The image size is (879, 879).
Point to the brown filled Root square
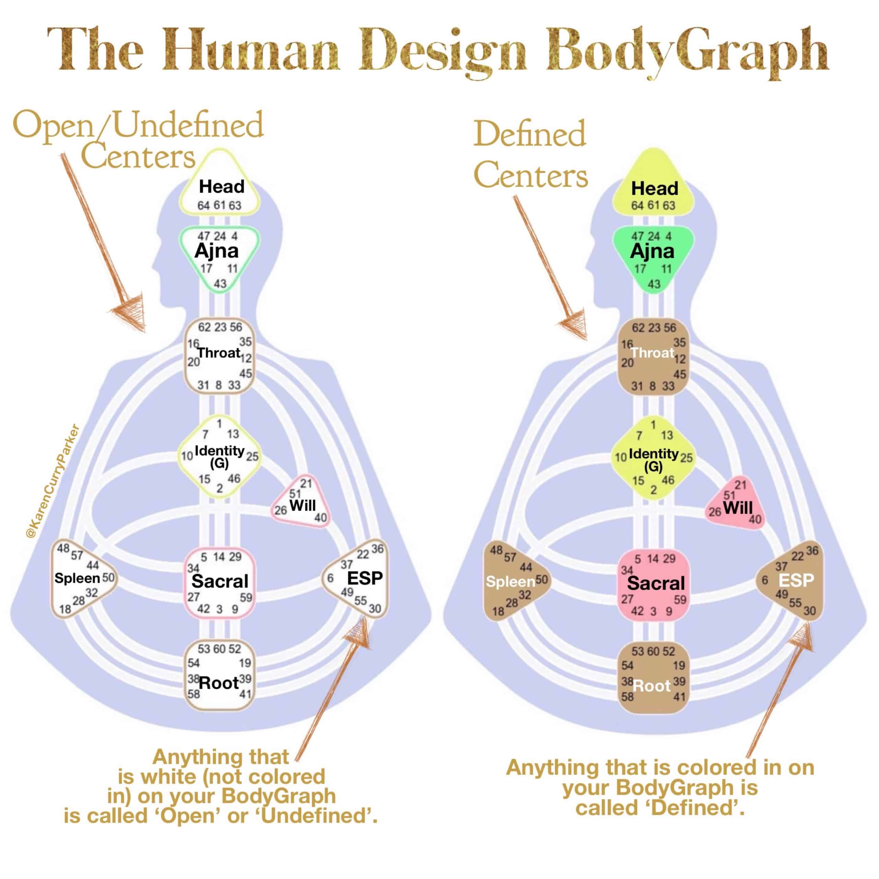click(653, 678)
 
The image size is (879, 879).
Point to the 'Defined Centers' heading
click(530, 155)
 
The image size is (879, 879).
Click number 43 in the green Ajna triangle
click(654, 284)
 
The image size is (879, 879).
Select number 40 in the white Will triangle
click(320, 518)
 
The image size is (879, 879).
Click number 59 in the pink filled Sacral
click(680, 600)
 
